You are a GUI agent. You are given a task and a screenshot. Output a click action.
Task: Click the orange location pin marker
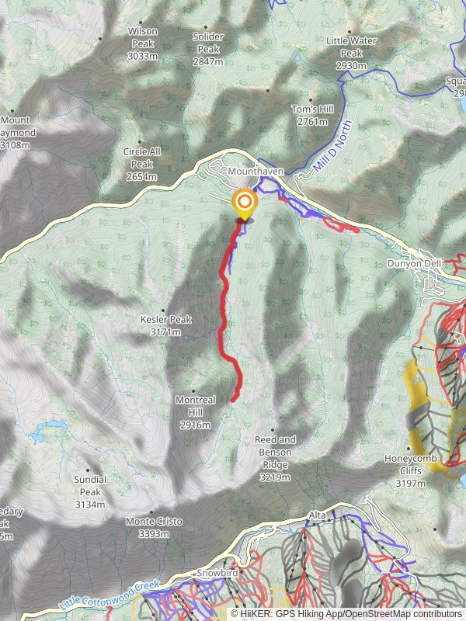click(245, 205)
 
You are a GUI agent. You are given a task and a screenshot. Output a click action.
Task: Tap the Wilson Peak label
click(143, 38)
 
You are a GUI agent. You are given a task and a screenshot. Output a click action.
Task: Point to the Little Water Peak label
click(346, 54)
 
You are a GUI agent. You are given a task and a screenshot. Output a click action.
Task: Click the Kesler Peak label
click(165, 324)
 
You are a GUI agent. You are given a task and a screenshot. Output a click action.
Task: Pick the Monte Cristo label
click(154, 527)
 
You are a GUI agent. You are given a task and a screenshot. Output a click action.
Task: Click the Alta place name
click(318, 515)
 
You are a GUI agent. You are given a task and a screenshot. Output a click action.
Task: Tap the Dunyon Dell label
click(414, 263)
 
